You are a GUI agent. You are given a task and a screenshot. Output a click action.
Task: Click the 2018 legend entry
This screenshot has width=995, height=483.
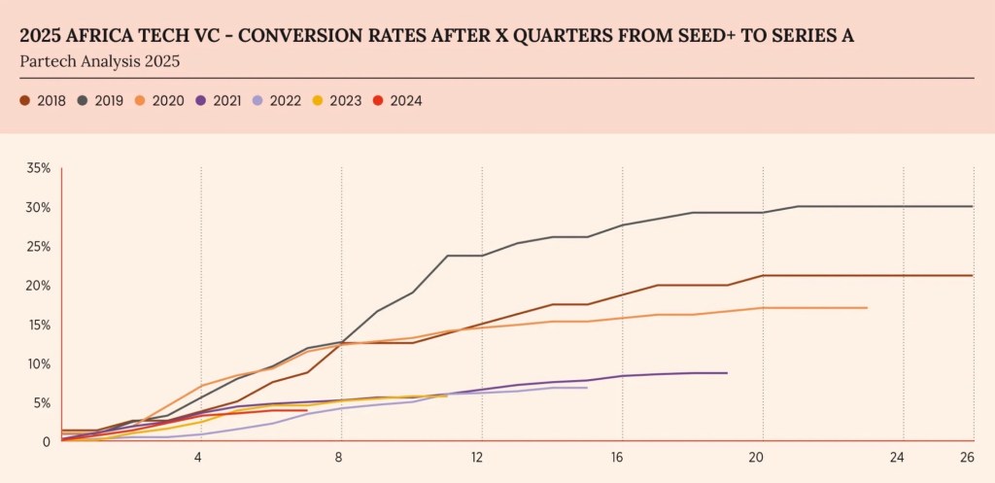(43, 100)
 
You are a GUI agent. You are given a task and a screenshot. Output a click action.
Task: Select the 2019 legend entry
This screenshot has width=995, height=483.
(101, 100)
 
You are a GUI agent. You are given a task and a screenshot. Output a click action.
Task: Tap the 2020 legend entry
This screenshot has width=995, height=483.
(160, 100)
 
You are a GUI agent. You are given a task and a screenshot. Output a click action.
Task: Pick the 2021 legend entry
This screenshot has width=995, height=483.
(220, 100)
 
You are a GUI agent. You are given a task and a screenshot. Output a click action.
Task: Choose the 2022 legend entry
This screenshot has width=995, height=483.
(279, 100)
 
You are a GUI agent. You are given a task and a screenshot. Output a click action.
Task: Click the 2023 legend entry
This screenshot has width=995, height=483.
(338, 100)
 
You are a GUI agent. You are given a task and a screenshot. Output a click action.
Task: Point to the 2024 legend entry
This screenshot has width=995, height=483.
(397, 100)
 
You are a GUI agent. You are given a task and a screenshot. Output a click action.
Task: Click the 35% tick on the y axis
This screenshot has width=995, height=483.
(39, 168)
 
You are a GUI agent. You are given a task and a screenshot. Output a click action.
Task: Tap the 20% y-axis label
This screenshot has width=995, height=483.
(39, 286)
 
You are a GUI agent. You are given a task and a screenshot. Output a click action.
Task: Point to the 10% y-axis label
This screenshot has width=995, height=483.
(39, 364)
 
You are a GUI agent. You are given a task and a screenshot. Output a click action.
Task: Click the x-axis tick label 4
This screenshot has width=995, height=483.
(199, 457)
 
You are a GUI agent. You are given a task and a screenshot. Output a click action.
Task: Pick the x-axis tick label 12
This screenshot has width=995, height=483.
(478, 457)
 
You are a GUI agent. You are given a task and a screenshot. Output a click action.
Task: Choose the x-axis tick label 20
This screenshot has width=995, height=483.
(758, 457)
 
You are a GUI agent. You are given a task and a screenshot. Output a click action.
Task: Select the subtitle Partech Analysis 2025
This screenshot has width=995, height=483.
(99, 61)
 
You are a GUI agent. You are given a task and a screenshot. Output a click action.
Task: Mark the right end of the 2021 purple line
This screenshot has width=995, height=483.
(727, 372)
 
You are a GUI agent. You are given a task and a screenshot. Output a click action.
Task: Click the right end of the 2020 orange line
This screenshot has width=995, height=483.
(866, 308)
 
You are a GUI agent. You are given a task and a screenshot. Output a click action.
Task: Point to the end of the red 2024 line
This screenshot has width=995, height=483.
(307, 410)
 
